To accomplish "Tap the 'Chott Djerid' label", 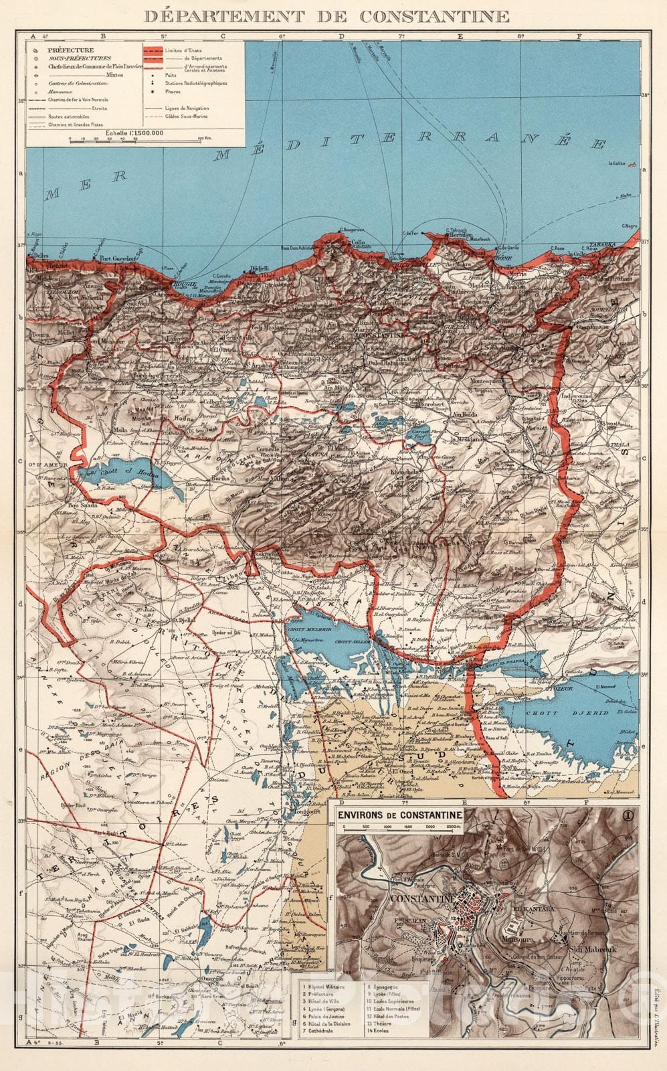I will (x=570, y=714).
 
